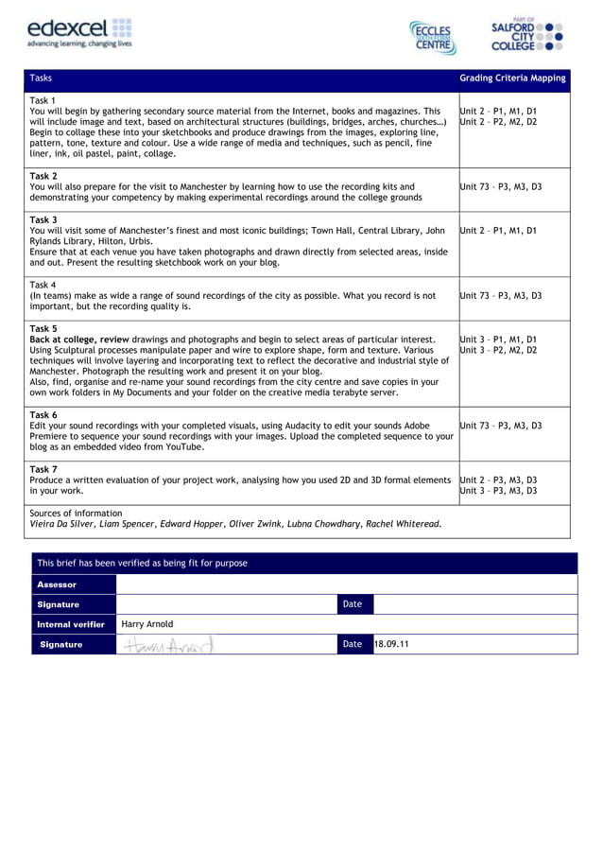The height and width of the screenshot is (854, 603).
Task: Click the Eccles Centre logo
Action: click(434, 38)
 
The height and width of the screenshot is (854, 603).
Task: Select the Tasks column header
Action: click(41, 78)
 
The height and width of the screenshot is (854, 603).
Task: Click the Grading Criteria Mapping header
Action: click(512, 78)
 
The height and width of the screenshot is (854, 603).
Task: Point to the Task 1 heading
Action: click(43, 100)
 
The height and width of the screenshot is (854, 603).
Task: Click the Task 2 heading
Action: click(43, 176)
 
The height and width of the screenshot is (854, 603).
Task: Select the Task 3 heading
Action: click(43, 219)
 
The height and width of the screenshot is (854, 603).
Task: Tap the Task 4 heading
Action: click(43, 285)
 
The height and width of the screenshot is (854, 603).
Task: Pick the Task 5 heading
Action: click(43, 328)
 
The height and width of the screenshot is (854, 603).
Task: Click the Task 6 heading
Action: click(43, 415)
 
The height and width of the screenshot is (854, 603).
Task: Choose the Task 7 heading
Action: click(43, 469)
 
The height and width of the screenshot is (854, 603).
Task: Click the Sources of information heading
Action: click(76, 513)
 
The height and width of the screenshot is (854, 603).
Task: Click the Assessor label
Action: click(57, 584)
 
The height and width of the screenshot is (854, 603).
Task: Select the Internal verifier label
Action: click(70, 624)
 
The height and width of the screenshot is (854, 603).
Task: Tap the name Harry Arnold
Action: click(147, 624)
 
